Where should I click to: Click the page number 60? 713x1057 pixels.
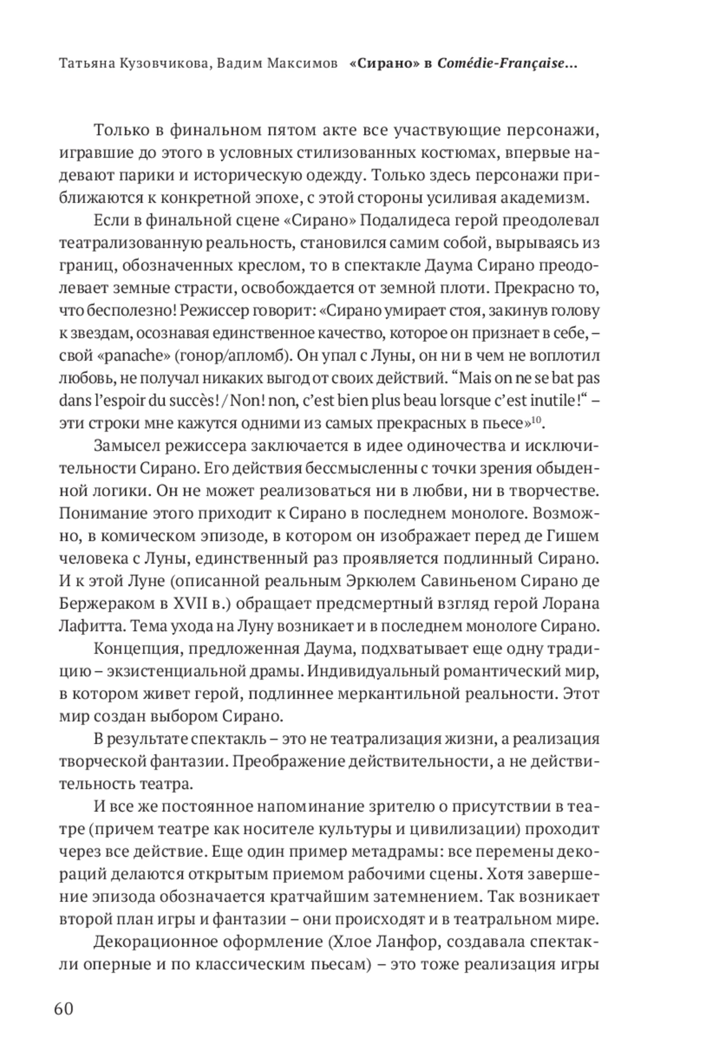click(x=64, y=1008)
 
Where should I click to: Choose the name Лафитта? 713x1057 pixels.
click(x=88, y=626)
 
